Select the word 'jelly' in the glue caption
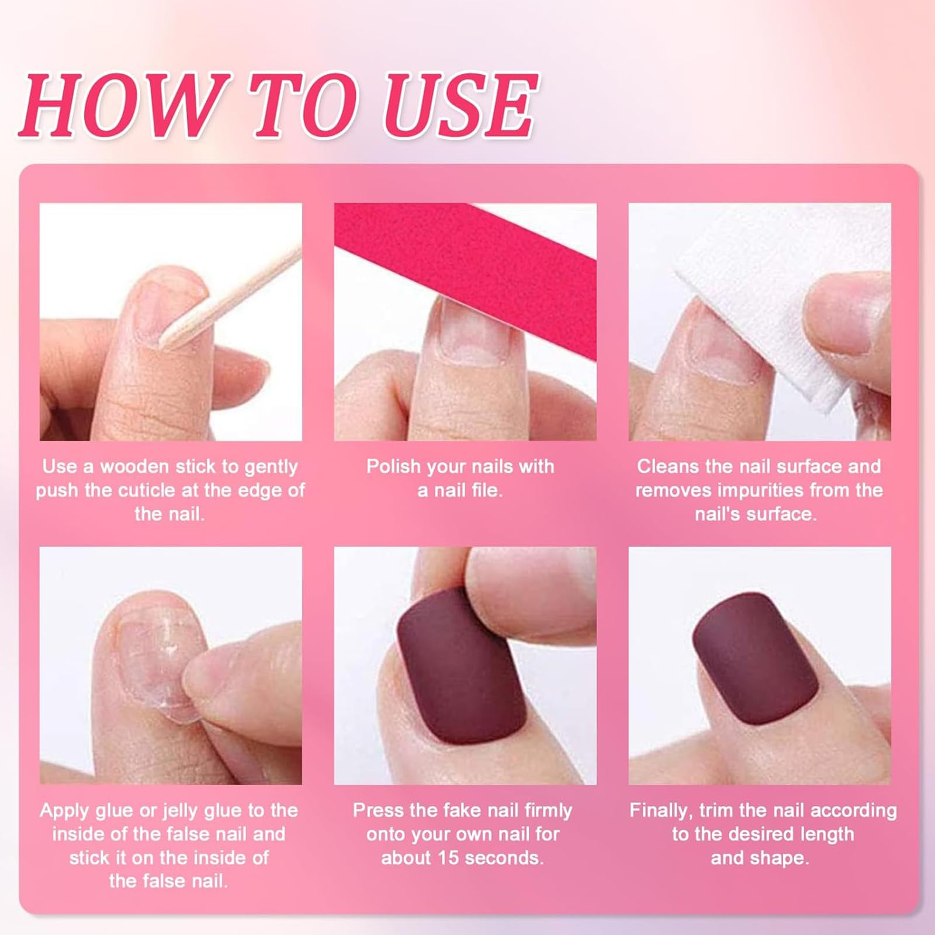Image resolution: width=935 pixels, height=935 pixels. [188, 811]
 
